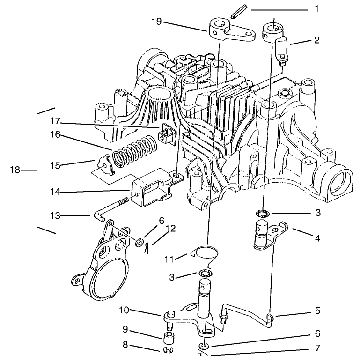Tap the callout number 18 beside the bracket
[x=15, y=170]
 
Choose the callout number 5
[x=317, y=310]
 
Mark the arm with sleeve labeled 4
[x=264, y=234]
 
